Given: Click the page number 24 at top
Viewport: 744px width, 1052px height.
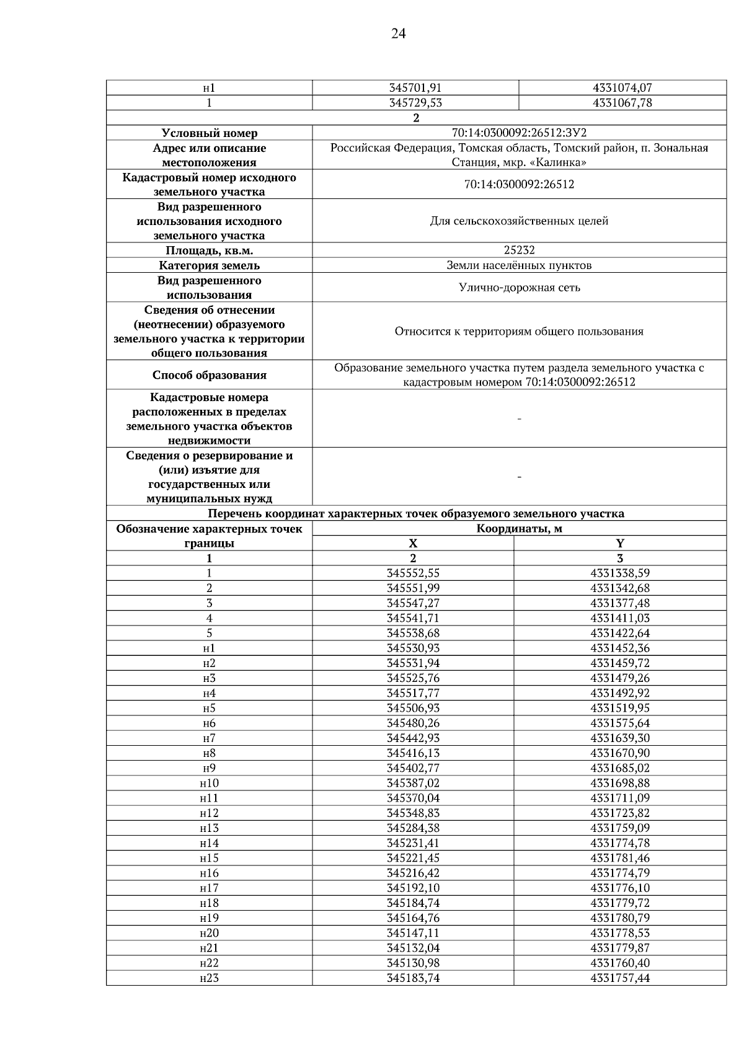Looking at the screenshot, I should pyautogui.click(x=398, y=34).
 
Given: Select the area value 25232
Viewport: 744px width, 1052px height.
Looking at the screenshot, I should pyautogui.click(x=519, y=250).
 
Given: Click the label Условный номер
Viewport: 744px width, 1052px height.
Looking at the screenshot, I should pyautogui.click(x=209, y=133).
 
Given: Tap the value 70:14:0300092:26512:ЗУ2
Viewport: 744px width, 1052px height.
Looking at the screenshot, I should pyautogui.click(x=519, y=133).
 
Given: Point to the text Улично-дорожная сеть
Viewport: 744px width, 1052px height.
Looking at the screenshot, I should pyautogui.click(x=519, y=288).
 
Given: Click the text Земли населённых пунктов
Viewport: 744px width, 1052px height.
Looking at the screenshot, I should pyautogui.click(x=519, y=265).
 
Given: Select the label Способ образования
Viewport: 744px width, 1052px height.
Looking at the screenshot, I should pyautogui.click(x=209, y=375).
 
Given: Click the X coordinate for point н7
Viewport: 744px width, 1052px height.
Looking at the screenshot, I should pyautogui.click(x=413, y=738).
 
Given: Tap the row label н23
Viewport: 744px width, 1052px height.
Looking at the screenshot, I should pyautogui.click(x=209, y=978).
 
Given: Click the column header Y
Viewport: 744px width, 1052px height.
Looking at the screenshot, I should pyautogui.click(x=620, y=544).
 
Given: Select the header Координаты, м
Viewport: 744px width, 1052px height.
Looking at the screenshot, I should pyautogui.click(x=519, y=529).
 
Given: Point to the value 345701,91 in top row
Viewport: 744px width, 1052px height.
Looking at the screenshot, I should pyautogui.click(x=415, y=88).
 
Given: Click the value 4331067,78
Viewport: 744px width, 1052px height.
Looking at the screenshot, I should pyautogui.click(x=622, y=103).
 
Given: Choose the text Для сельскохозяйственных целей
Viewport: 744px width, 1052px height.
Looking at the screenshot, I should pyautogui.click(x=519, y=221).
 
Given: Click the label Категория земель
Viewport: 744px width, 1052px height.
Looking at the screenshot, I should pyautogui.click(x=209, y=265).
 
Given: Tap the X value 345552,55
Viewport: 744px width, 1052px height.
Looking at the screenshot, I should pyautogui.click(x=413, y=573).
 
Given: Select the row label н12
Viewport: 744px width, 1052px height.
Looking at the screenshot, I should pyautogui.click(x=209, y=813).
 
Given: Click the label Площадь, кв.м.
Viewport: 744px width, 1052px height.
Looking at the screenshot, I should pyautogui.click(x=209, y=250).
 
